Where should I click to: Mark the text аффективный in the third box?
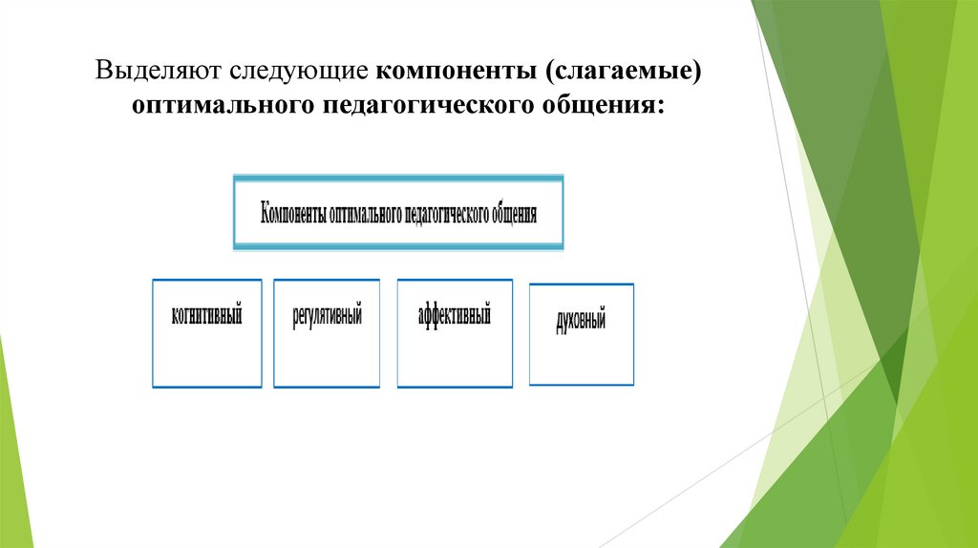tap(455, 313)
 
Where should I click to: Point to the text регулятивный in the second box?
tap(328, 314)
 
